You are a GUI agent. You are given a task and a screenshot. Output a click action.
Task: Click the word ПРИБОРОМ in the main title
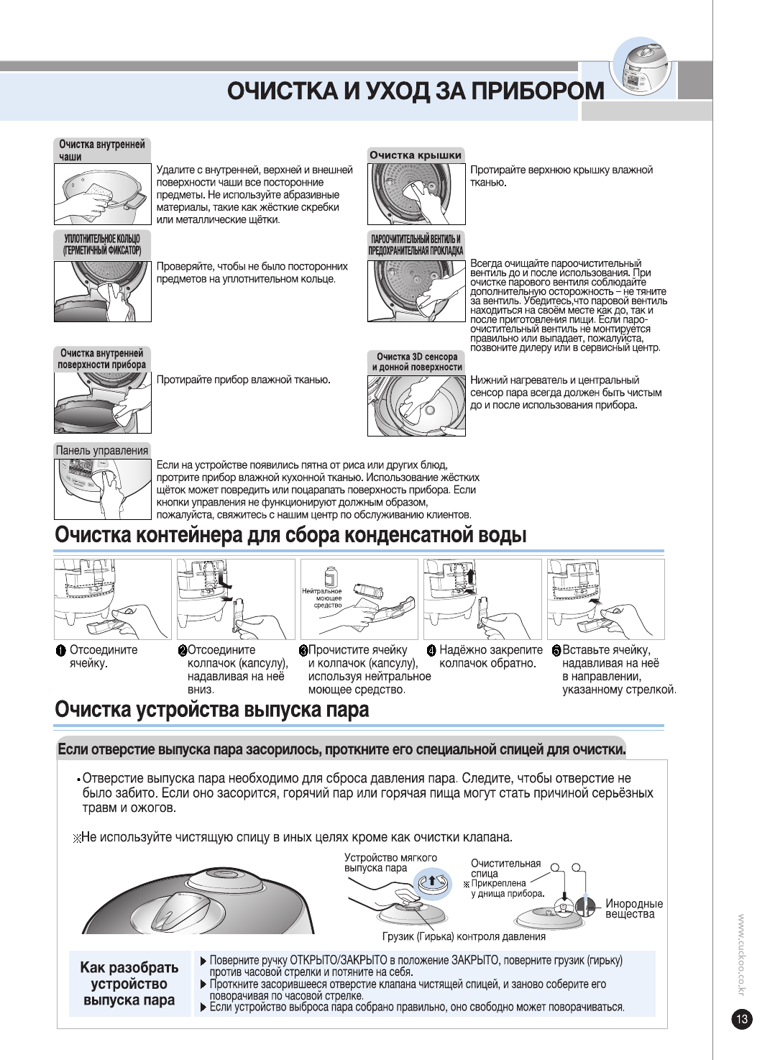point(538,91)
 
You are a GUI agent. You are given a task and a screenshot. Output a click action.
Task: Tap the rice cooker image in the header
point(641,69)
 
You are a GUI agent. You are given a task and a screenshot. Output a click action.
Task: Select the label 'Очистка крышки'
point(416,155)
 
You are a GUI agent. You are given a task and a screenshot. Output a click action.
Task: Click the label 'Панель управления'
point(102,450)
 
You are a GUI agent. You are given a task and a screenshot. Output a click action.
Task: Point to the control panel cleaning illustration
point(102,489)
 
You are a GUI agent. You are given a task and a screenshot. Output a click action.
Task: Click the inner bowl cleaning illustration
point(102,194)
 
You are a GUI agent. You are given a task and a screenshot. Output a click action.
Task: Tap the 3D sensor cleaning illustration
point(416,406)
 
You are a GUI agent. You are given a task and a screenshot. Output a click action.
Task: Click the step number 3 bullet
point(303,651)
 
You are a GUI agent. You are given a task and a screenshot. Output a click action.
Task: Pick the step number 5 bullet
point(556,651)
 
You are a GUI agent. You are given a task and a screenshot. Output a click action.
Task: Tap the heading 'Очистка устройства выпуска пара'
point(211,710)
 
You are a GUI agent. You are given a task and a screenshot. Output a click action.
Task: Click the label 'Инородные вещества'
point(633,909)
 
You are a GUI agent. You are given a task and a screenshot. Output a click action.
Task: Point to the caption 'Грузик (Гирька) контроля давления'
point(464,936)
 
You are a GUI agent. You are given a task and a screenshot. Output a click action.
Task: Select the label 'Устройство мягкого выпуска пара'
point(390,862)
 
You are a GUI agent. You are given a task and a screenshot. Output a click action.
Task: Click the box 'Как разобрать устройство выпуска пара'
point(129,983)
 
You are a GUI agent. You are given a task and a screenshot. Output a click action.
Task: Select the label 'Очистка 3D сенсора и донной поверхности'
point(417,362)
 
